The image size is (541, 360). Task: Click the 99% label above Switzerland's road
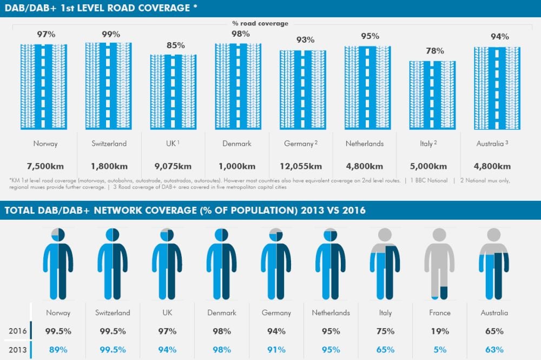coord(111,34)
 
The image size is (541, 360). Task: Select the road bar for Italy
coord(432,95)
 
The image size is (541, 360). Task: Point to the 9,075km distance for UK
coord(174,166)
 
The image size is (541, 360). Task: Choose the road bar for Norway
coord(43,87)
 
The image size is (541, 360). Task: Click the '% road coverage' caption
coord(260,23)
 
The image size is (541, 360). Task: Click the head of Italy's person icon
coord(385,234)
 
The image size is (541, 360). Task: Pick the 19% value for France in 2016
coord(439,331)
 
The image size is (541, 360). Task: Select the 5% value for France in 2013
coord(439,350)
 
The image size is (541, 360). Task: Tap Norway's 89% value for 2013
coord(58,350)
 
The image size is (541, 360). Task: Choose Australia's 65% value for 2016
coord(494,331)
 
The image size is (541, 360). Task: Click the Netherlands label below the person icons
coord(331,313)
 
